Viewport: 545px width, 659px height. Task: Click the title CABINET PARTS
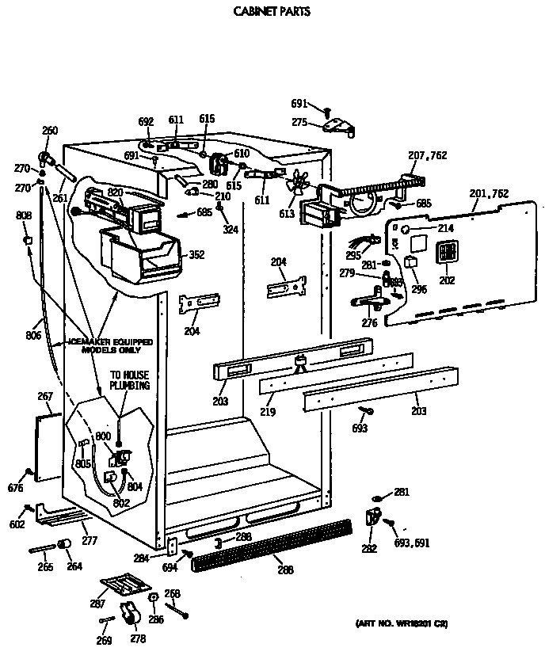[x=271, y=12]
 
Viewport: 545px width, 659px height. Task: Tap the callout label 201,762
[x=488, y=193]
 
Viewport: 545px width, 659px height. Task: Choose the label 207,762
[x=428, y=156]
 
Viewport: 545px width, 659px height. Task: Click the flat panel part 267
[x=49, y=446]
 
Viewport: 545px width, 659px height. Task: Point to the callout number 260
[x=50, y=131]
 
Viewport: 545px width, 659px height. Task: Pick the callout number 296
[x=419, y=289]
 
